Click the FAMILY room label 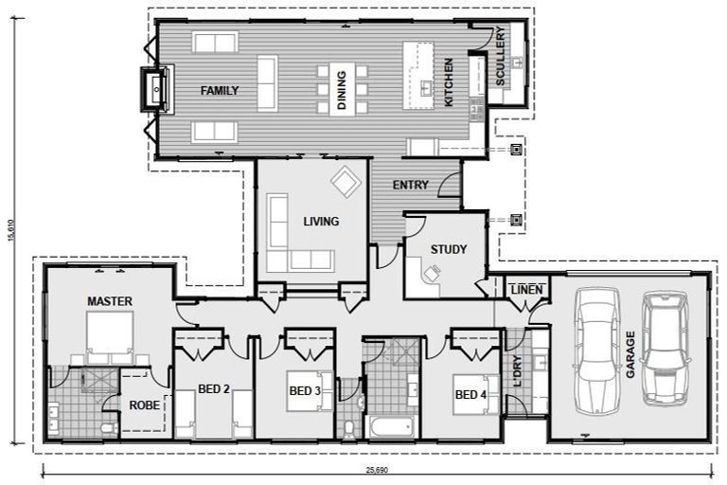[x=219, y=91]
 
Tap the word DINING [x=342, y=92]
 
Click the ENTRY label [x=409, y=185]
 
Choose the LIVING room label [x=321, y=222]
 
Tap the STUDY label [x=448, y=250]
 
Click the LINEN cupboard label [x=525, y=289]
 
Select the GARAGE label [x=629, y=354]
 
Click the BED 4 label [x=470, y=395]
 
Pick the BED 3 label [x=304, y=389]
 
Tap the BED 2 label [x=214, y=388]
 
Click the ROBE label [x=145, y=405]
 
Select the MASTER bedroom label [x=110, y=301]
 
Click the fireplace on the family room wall [x=154, y=90]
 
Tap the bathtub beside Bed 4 [x=390, y=427]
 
